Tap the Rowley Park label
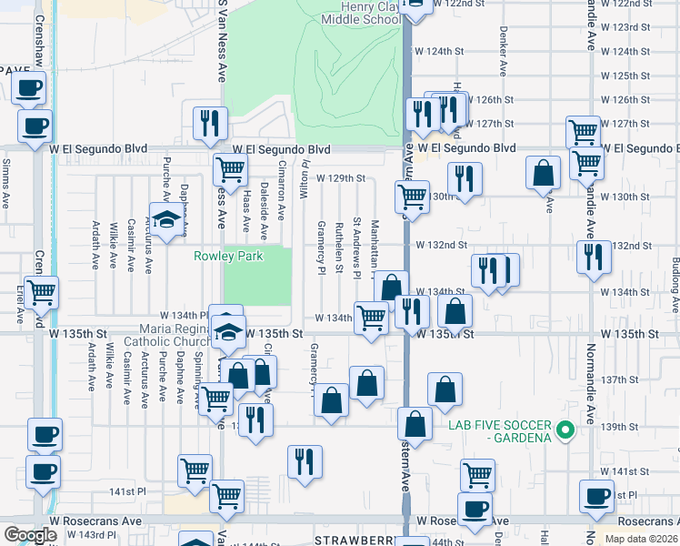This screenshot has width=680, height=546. pyautogui.click(x=228, y=257)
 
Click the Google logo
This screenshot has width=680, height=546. pyautogui.click(x=30, y=535)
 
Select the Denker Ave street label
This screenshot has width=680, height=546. pyautogui.click(x=502, y=56)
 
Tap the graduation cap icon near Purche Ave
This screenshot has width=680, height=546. pyautogui.click(x=166, y=222)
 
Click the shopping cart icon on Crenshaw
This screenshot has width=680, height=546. pyautogui.click(x=41, y=292)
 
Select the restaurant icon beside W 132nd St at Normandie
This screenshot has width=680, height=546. pyautogui.click(x=594, y=256)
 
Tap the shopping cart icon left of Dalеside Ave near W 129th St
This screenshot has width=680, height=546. pyautogui.click(x=231, y=168)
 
